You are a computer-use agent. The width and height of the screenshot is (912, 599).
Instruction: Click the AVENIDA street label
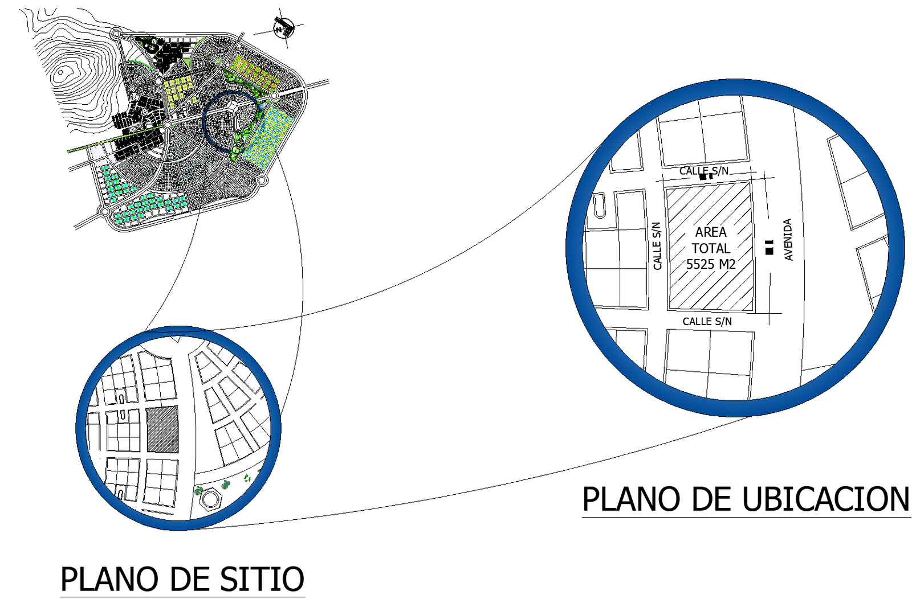[x=788, y=240]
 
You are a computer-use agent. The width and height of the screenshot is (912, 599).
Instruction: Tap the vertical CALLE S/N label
[x=657, y=246]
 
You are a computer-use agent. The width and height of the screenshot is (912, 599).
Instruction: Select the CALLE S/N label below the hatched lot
[x=707, y=322]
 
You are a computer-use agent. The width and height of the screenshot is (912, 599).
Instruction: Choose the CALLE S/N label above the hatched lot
[x=703, y=170]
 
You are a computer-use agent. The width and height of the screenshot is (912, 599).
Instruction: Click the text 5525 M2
[x=710, y=264]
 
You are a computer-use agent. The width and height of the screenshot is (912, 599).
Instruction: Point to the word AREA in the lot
[x=711, y=232]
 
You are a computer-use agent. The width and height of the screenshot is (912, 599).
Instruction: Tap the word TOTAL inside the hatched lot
[x=711, y=248]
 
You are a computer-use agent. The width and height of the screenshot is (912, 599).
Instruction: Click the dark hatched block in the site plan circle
[x=162, y=430]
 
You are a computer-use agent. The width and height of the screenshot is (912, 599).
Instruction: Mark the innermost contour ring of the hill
[x=62, y=73]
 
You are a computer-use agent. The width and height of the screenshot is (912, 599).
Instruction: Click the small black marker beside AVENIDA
[x=769, y=247]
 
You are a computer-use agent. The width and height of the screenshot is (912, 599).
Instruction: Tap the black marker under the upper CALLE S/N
[x=706, y=177]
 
